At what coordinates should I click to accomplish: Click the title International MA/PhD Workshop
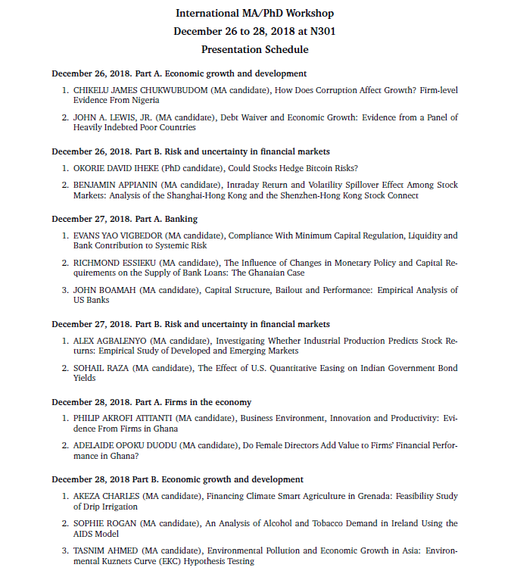click(x=254, y=14)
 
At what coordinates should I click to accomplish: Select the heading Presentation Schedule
click(x=254, y=50)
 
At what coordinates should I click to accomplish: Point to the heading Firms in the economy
click(x=207, y=402)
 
